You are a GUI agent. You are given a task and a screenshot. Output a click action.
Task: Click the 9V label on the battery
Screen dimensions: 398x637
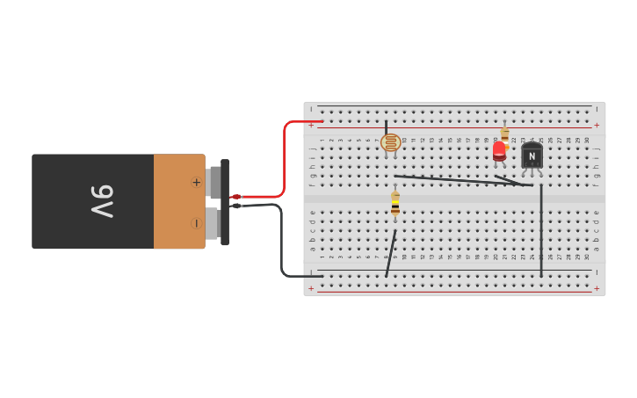pyautogui.click(x=102, y=201)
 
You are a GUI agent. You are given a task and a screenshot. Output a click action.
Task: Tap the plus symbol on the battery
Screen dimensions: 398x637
pyautogui.click(x=196, y=182)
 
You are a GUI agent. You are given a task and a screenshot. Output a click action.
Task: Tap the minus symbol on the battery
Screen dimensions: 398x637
pyautogui.click(x=196, y=223)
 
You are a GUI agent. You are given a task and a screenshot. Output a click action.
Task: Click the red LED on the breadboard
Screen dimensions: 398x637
pyautogui.click(x=499, y=151)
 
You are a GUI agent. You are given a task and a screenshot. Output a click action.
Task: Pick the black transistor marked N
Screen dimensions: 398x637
pyautogui.click(x=532, y=156)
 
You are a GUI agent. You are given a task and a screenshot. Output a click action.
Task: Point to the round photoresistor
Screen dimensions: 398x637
pyautogui.click(x=391, y=142)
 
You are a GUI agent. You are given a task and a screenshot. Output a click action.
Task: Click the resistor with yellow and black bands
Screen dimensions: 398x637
pyautogui.click(x=395, y=204)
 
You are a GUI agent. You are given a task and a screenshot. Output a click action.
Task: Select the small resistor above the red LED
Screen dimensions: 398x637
pyautogui.click(x=504, y=134)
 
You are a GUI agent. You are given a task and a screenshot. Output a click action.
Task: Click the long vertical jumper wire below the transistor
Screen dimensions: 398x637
pyautogui.click(x=541, y=230)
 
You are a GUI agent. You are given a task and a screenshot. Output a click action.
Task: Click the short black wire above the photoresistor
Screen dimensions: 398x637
pyautogui.click(x=386, y=127)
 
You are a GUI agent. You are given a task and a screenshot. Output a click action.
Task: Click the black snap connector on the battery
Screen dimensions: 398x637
pyautogui.click(x=225, y=202)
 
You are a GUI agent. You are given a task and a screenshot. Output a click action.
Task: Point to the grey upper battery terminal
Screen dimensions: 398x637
pyautogui.click(x=214, y=182)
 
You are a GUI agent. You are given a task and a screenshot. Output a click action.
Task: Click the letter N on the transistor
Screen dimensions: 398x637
pyautogui.click(x=532, y=156)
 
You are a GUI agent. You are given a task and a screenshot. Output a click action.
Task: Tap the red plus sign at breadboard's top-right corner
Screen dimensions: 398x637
pyautogui.click(x=597, y=125)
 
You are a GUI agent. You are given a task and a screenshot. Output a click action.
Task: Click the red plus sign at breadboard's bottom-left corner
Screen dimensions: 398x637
pyautogui.click(x=311, y=288)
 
